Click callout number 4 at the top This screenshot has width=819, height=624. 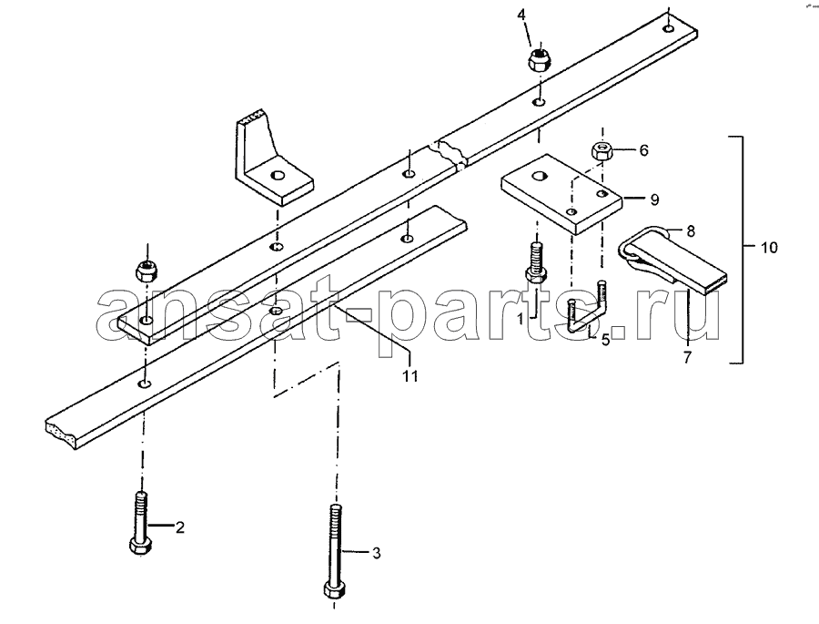(x=521, y=15)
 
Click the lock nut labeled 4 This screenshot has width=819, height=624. (x=539, y=58)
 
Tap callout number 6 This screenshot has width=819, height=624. (x=643, y=150)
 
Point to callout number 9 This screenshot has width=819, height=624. (x=654, y=199)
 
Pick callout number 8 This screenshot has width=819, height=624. (x=691, y=230)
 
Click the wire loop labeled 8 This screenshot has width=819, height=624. (x=643, y=241)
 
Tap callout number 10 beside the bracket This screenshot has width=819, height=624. (x=768, y=247)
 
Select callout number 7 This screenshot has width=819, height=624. (x=687, y=357)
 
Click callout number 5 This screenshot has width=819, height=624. (x=605, y=340)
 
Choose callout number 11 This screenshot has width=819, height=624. (x=410, y=375)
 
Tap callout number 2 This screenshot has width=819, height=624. (x=179, y=527)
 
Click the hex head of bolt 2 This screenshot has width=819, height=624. (x=140, y=547)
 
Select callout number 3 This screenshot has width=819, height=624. (x=376, y=553)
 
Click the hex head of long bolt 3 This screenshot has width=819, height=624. (x=333, y=589)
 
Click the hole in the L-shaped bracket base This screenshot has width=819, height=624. (x=277, y=175)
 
